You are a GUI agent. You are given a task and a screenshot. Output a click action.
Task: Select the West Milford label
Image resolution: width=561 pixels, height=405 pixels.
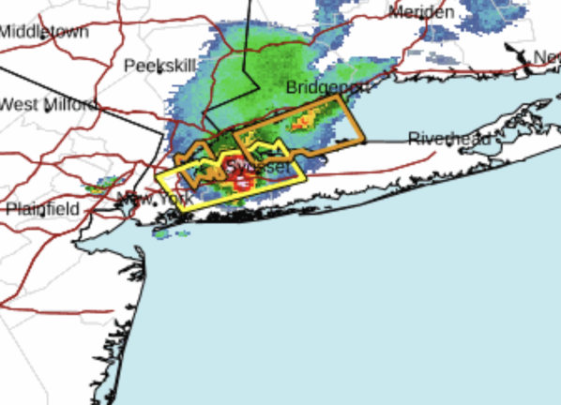click(x=47, y=104)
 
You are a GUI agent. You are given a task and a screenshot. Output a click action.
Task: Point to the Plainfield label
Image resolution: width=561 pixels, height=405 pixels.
click(x=42, y=209)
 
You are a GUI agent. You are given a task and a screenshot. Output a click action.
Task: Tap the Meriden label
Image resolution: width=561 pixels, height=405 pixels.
click(x=422, y=12)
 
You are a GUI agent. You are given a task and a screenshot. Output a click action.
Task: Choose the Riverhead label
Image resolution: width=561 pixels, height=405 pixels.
click(x=450, y=139)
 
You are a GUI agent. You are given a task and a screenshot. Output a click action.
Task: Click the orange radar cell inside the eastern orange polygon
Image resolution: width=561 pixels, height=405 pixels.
click(x=303, y=122)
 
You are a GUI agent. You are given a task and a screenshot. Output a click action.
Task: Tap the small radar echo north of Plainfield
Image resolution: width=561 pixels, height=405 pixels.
click(x=103, y=185)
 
